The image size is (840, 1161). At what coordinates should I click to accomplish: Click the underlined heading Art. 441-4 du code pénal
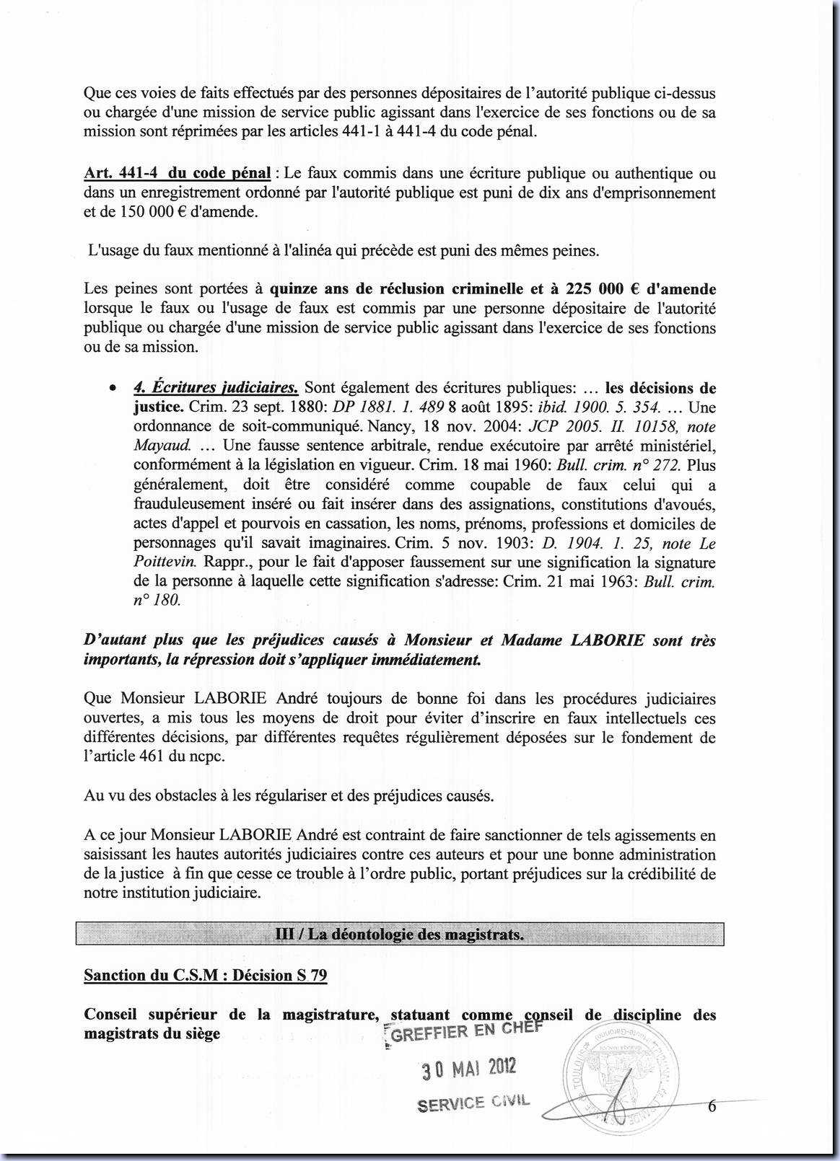(178, 174)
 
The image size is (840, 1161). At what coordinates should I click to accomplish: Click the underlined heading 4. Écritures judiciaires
(216, 387)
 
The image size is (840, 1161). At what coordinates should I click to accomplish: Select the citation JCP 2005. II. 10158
(594, 426)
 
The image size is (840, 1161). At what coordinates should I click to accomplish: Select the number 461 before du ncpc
(144, 757)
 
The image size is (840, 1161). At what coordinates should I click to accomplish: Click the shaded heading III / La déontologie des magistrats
(400, 935)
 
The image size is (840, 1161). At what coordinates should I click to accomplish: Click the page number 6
(712, 1106)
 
